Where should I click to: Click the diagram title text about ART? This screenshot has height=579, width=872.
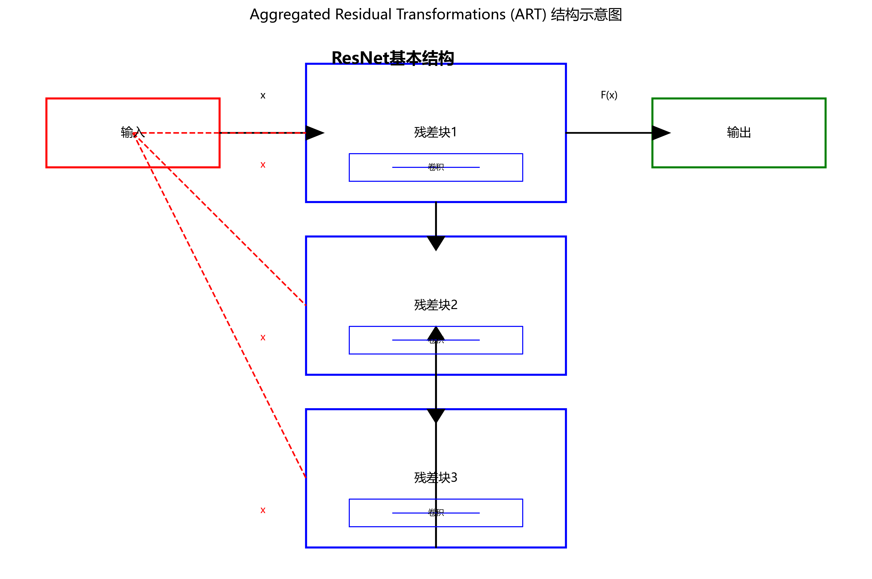click(436, 15)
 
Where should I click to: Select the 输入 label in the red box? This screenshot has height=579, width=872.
click(132, 132)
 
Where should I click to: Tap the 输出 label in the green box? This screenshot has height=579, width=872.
click(739, 132)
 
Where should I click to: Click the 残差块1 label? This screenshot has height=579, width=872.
click(436, 132)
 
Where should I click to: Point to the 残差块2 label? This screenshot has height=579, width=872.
click(436, 305)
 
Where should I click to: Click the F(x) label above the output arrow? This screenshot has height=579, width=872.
click(609, 95)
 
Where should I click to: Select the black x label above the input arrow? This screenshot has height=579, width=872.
click(263, 96)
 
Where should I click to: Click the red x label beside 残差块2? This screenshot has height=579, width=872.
click(263, 337)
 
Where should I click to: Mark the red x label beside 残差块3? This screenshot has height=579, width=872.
click(263, 510)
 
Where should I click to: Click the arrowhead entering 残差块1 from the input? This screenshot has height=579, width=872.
click(314, 133)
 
